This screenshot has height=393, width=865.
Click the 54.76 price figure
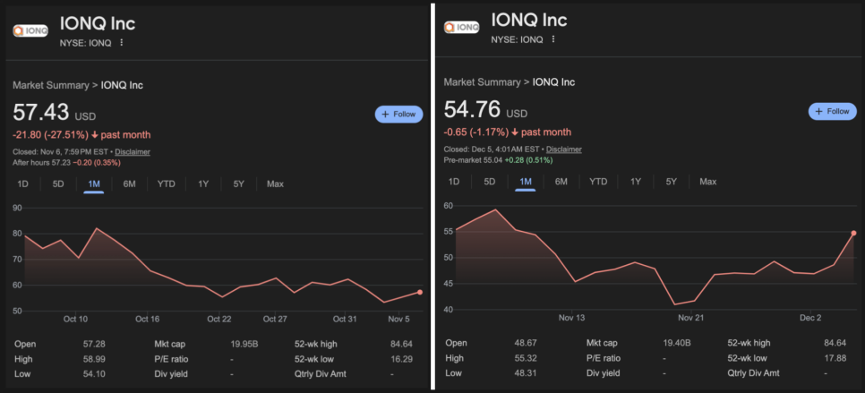[471, 112]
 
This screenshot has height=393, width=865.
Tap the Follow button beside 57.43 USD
[398, 114]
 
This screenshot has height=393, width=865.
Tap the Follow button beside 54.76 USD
[832, 111]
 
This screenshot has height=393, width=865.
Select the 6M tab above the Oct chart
[129, 184]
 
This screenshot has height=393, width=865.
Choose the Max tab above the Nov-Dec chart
[707, 182]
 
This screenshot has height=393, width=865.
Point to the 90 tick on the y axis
[17, 208]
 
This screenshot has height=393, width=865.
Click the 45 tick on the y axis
[449, 284]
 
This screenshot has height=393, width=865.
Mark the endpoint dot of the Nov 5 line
[420, 293]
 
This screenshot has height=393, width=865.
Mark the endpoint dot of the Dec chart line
[853, 233]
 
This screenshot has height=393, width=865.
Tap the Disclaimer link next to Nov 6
[133, 152]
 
